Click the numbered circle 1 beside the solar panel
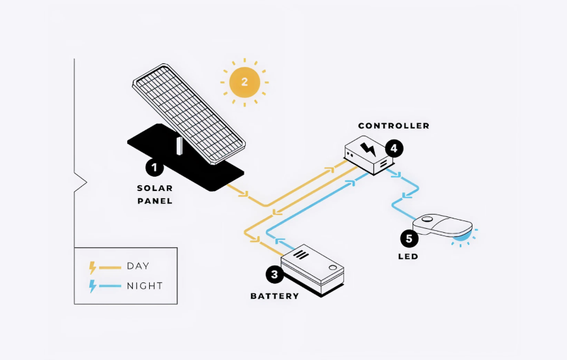tap(154, 168)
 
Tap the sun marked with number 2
tap(244, 82)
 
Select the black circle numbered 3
tap(275, 275)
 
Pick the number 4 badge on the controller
tap(394, 148)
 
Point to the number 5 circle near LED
tap(409, 239)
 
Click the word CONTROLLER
tap(394, 126)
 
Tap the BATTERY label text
tap(275, 296)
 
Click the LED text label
tap(408, 256)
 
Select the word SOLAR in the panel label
tap(154, 188)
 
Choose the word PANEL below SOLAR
tap(154, 201)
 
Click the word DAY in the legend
tap(138, 266)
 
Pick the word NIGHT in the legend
tap(145, 286)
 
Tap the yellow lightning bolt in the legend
tap(93, 268)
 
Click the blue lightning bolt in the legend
tap(93, 286)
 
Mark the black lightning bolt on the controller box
tap(368, 149)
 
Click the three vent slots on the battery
tap(301, 255)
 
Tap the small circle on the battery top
tap(332, 268)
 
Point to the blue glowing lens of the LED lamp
tap(463, 236)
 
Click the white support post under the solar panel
tap(179, 146)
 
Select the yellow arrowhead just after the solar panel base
tap(244, 194)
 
